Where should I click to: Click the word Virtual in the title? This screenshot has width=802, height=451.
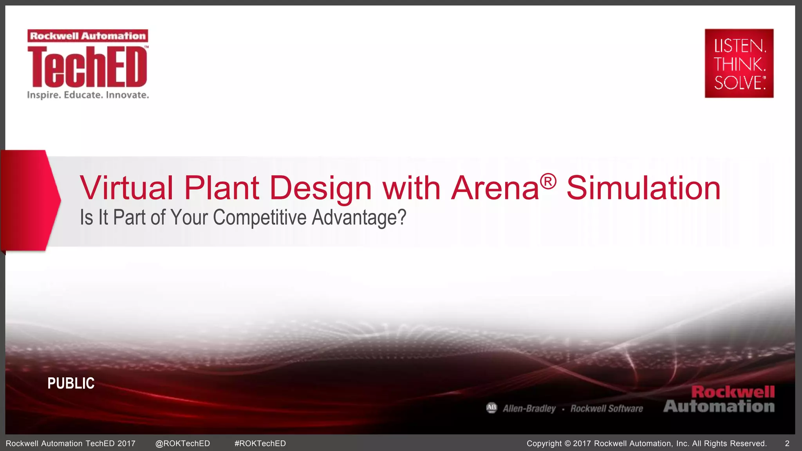(x=126, y=188)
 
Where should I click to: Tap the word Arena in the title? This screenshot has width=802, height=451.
(x=495, y=188)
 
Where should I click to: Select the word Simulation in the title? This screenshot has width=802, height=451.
(x=643, y=188)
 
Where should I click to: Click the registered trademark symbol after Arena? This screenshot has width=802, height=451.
(x=548, y=181)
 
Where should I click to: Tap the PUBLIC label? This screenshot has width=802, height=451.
(x=71, y=383)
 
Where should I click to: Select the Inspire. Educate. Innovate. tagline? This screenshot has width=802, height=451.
(x=88, y=95)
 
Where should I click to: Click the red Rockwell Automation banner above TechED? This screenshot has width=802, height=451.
(x=88, y=36)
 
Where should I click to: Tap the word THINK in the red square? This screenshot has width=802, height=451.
(x=739, y=64)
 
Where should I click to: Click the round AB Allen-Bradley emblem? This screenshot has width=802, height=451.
(x=491, y=408)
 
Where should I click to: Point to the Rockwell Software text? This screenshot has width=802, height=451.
(x=607, y=409)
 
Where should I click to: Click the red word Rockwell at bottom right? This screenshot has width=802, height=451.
(x=733, y=392)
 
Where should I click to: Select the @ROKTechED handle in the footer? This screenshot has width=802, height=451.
(x=182, y=444)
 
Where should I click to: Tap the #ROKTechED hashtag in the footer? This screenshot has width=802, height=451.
(x=260, y=444)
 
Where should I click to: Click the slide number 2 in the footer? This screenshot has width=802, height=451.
(x=787, y=444)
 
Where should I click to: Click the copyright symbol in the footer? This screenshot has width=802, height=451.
(x=568, y=444)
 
